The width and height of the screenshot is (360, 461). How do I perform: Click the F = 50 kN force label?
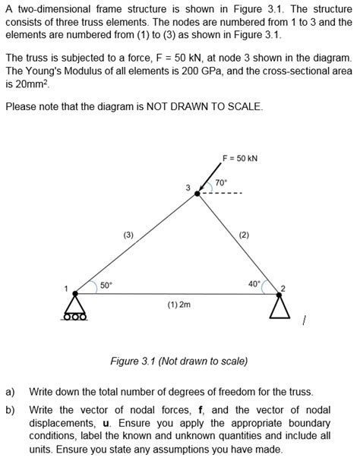click(239, 158)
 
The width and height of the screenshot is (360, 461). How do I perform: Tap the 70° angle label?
click(221, 183)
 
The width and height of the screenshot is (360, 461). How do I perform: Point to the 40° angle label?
click(254, 283)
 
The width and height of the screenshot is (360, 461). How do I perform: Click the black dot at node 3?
click(198, 194)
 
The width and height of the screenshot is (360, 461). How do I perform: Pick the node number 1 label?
click(66, 288)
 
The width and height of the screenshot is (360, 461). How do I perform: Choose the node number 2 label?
click(283, 288)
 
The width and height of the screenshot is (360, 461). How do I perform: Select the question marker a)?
click(10, 392)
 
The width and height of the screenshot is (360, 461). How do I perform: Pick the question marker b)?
click(10, 410)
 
